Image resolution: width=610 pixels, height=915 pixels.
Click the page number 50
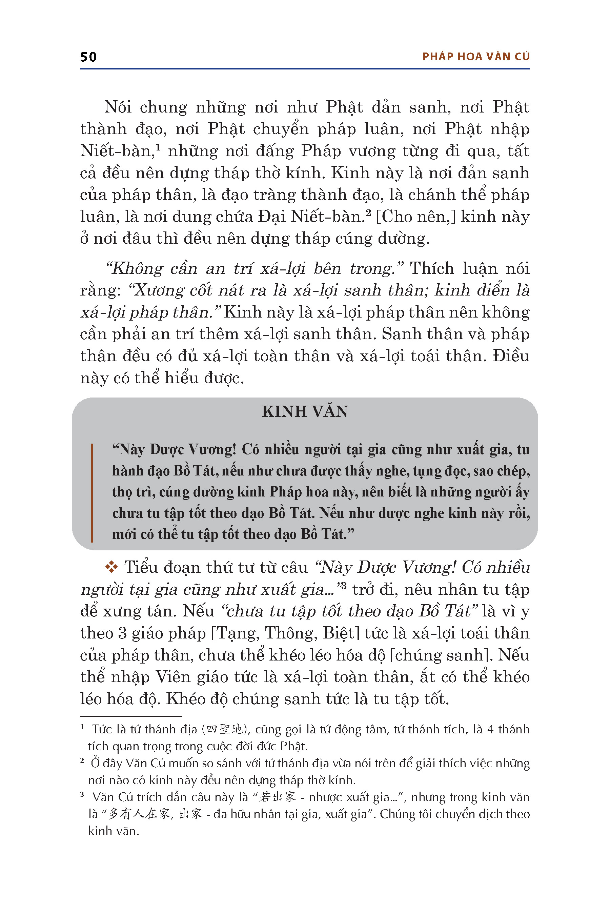tap(88, 57)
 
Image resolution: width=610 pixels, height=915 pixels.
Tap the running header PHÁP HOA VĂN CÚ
tap(476, 57)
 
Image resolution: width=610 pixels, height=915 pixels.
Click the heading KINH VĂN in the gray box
tap(305, 412)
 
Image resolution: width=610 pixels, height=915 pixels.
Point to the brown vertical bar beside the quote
tap(92, 492)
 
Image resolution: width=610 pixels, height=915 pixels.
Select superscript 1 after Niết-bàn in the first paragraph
tap(158, 146)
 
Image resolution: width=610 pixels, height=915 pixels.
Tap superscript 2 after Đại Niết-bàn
tap(368, 212)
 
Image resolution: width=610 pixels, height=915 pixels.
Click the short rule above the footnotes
tap(131, 716)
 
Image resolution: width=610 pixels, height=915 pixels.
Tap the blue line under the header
tap(305, 69)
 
